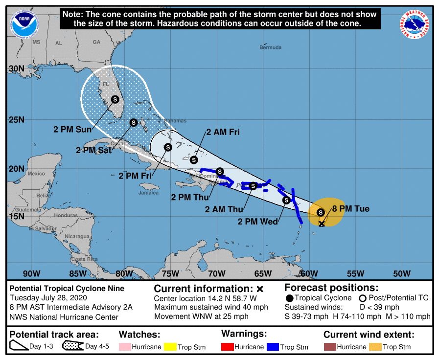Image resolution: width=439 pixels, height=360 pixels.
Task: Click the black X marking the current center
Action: [x=322, y=224]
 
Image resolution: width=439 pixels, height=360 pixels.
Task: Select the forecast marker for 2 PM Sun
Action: [x=115, y=99]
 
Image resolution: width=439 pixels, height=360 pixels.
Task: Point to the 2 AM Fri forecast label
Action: [x=223, y=132]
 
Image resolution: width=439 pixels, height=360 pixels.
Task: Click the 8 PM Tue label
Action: [x=351, y=209]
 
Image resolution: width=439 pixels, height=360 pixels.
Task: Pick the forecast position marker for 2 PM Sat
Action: [x=133, y=122]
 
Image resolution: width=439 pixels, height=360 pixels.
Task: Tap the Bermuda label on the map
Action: [x=271, y=47]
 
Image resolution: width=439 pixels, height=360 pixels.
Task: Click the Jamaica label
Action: [x=148, y=193]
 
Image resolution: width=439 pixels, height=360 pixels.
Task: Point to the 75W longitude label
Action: [x=170, y=273]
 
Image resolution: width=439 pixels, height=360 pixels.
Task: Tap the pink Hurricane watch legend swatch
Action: [x=127, y=347]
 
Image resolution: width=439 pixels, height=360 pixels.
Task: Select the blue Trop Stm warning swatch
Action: [x=272, y=347]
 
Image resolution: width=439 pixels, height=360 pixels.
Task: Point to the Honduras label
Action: [x=66, y=215]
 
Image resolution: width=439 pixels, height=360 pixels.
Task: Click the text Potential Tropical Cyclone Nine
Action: [x=67, y=289]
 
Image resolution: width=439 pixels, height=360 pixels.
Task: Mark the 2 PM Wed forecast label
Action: [x=258, y=222]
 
